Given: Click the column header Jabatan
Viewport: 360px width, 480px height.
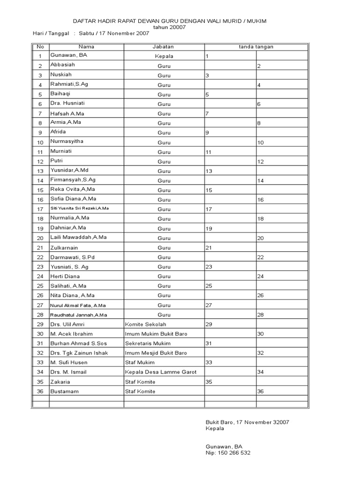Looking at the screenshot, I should click(x=163, y=47).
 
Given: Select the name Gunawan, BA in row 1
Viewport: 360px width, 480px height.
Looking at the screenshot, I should click(x=69, y=55).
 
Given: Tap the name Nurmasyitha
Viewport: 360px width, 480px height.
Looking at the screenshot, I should click(x=68, y=141).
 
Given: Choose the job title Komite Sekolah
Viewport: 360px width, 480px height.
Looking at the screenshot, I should click(x=145, y=324).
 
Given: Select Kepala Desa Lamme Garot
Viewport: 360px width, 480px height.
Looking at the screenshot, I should click(x=160, y=372).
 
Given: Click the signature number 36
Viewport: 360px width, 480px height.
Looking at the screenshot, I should click(x=261, y=392).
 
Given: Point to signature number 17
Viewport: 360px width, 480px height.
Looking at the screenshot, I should click(x=210, y=209).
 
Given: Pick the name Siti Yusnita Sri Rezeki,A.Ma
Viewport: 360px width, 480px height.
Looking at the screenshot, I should click(x=80, y=208).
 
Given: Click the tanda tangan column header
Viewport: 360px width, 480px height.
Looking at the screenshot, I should click(x=256, y=47).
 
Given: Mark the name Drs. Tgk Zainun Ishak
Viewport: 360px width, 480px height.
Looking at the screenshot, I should click(x=79, y=353).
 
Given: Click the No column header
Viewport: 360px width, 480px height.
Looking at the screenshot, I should click(x=40, y=47).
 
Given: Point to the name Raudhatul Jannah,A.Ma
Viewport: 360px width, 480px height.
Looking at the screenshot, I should click(x=79, y=315).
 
